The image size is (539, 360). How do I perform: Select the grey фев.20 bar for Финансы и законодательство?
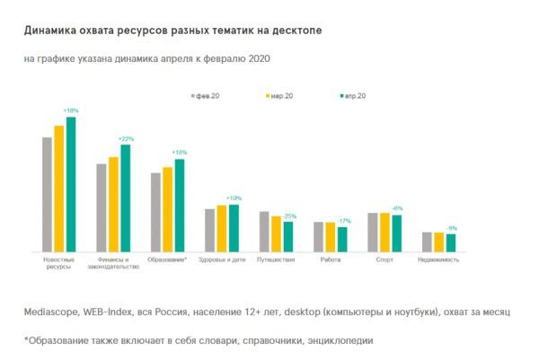(x=102, y=207)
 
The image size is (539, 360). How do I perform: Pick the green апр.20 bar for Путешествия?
(x=288, y=236)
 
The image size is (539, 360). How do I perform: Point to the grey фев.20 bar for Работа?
(x=318, y=236)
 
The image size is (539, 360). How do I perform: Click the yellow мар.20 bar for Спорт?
(x=384, y=232)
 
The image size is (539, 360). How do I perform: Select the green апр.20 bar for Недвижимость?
(x=451, y=241)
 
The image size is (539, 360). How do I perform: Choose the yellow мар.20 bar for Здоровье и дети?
(x=222, y=228)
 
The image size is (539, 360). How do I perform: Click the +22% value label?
(x=126, y=139)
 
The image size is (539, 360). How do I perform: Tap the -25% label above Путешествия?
(x=289, y=216)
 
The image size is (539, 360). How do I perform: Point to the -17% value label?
(x=343, y=221)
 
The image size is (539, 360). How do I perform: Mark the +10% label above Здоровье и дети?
(x=234, y=198)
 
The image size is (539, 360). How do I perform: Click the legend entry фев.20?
(x=208, y=94)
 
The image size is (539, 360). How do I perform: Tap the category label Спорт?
(x=384, y=259)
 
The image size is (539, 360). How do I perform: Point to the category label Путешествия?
(x=276, y=259)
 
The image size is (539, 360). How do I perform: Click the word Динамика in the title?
(x=55, y=31)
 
